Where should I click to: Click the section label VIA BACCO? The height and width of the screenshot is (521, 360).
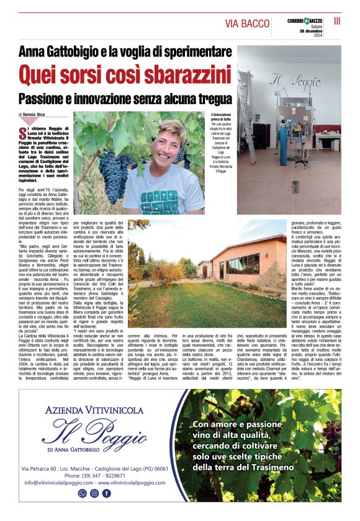(x=247, y=24)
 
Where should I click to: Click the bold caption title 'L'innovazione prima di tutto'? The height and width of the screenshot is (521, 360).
(x=222, y=118)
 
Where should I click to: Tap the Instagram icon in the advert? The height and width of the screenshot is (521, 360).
(x=94, y=493)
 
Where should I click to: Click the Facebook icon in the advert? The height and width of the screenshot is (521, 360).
(x=107, y=493)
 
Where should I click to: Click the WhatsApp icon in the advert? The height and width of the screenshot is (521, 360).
(x=82, y=493)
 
